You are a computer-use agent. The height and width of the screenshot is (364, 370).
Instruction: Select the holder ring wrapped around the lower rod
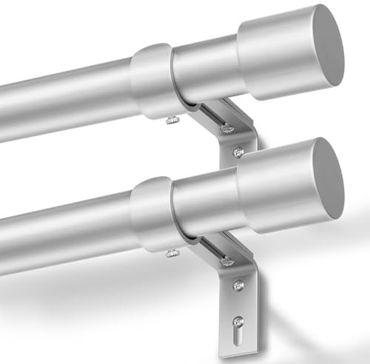(152, 209)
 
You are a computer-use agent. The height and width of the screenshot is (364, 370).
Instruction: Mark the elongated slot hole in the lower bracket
(237, 328)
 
